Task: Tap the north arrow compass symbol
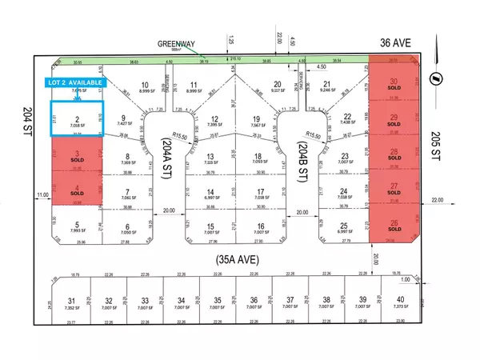coord(432,78)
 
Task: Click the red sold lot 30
coord(393,83)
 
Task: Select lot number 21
coord(326,84)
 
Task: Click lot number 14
coord(210,192)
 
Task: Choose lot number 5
coord(78,225)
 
